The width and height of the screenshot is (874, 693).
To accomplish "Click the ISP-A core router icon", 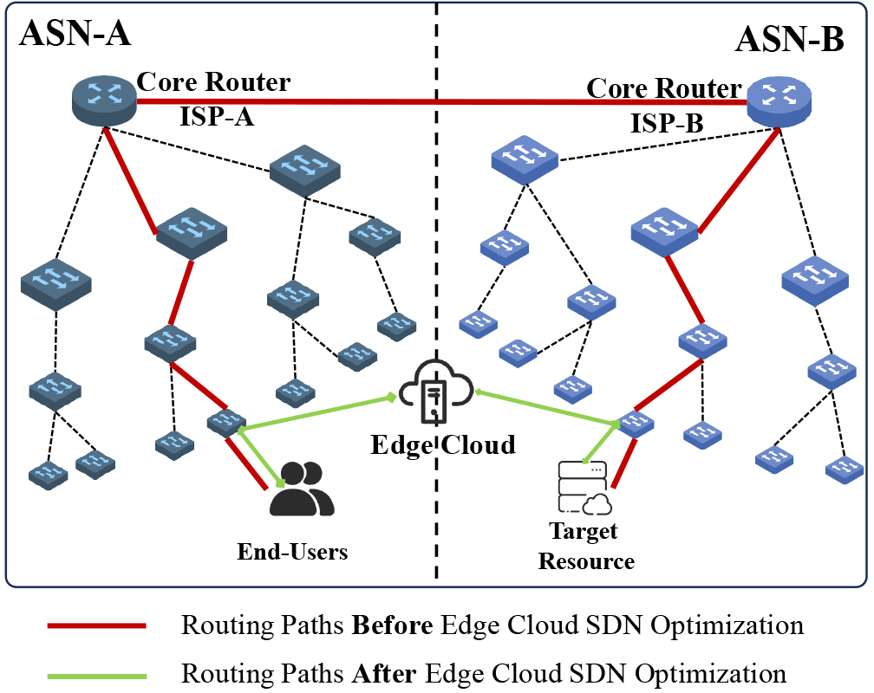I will pos(103,99).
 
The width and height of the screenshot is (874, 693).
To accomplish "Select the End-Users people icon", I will pos(301,491).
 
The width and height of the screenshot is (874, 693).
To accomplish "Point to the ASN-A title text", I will pos(75,35).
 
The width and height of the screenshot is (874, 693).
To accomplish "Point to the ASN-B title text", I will pos(790,40).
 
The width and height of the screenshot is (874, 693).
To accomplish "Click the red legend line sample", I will pos(97,625).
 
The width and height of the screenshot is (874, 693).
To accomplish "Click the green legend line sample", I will pos(97,674).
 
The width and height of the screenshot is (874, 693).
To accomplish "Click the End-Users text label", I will pos(293,551).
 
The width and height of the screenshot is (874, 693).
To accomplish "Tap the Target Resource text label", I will pos(586,546).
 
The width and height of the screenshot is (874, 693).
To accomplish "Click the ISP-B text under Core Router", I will pos(667,122).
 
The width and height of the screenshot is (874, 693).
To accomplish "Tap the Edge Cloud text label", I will pos(442,445).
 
